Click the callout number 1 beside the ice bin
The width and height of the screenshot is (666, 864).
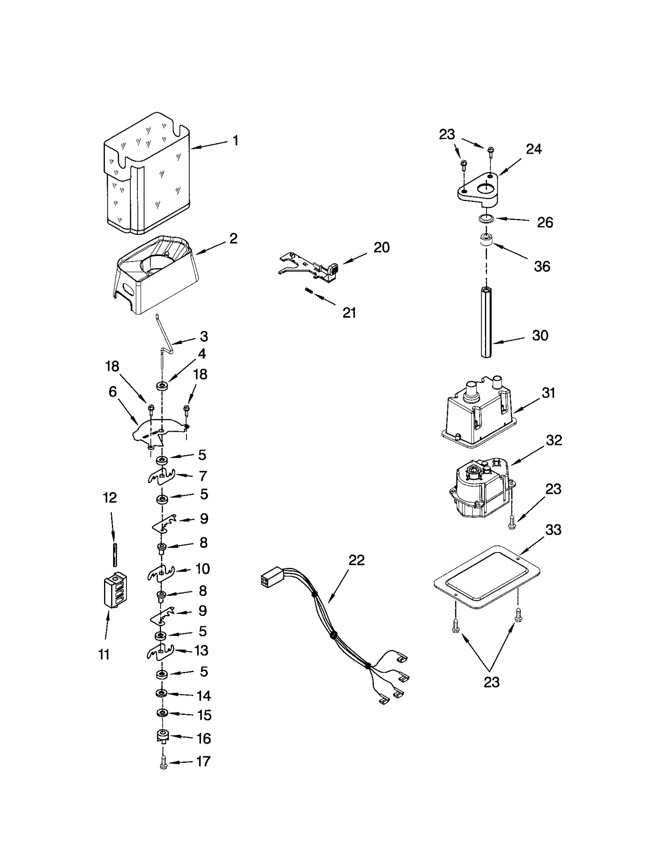235,141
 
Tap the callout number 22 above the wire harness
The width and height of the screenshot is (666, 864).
356,560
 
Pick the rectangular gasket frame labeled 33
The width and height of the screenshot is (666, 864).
487,576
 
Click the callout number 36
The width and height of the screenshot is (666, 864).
542,266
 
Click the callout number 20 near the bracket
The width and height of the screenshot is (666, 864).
381,247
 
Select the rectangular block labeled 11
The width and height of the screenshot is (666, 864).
115,590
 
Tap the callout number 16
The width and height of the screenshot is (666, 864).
203,738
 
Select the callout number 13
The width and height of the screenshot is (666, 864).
201,650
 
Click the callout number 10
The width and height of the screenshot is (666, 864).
203,568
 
